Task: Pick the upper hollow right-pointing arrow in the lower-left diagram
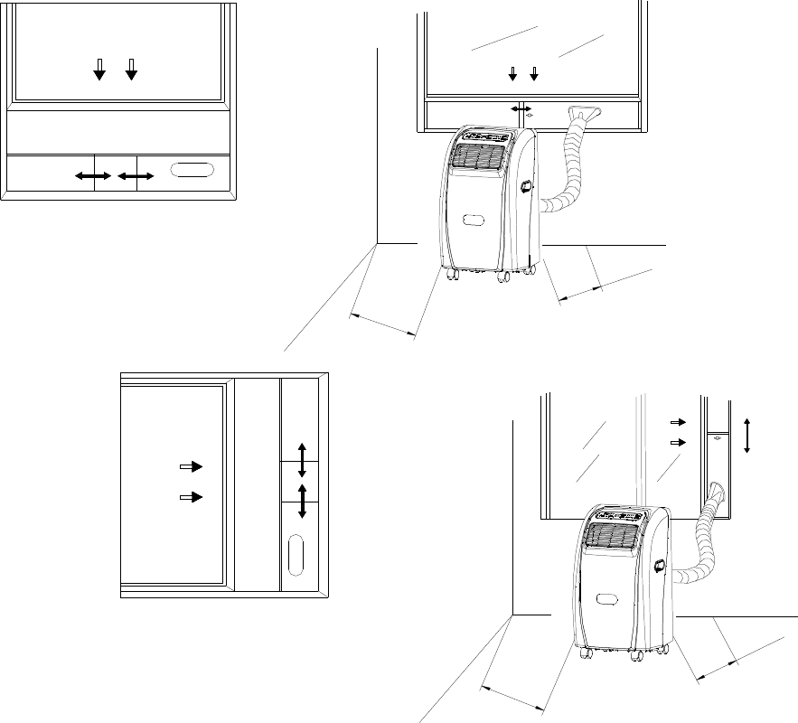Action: pos(192,466)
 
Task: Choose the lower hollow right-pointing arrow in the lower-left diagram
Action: pos(192,497)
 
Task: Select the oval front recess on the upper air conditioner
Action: pos(474,220)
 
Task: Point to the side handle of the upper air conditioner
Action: pos(525,187)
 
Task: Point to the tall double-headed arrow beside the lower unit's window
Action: pos(747,435)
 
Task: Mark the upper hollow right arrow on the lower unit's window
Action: pos(678,421)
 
